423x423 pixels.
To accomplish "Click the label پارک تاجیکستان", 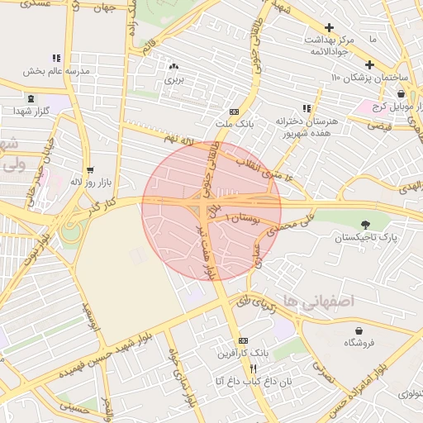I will (x=365, y=237).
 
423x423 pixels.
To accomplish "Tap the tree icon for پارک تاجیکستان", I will (x=365, y=223).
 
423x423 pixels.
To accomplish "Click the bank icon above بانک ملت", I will (x=234, y=111).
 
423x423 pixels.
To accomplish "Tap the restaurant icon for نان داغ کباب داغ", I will (x=253, y=368).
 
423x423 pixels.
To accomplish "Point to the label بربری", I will (x=173, y=80).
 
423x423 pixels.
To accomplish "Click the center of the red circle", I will (x=211, y=211).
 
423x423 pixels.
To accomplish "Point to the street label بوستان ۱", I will (x=246, y=219).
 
